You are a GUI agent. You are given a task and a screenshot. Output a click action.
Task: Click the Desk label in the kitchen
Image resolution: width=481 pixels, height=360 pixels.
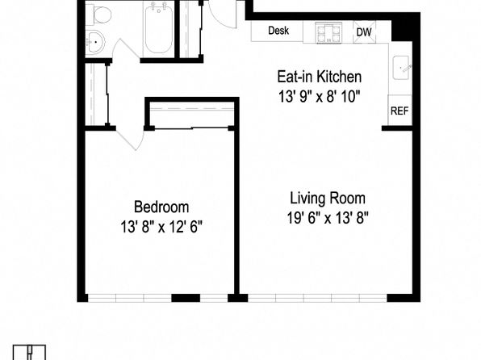[278, 31]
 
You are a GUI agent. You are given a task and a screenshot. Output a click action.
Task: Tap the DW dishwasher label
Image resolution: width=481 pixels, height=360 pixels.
[364, 32]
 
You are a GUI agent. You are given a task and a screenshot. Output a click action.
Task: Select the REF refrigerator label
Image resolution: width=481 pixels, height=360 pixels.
[399, 111]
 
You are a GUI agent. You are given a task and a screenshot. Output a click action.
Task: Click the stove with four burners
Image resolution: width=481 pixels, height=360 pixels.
[328, 32]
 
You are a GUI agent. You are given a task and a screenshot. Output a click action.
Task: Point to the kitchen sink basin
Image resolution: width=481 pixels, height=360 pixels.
[401, 68]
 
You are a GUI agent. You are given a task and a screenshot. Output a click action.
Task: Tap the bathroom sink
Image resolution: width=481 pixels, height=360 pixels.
[95, 42]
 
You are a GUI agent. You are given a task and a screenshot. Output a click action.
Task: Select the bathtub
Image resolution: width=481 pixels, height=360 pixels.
[159, 27]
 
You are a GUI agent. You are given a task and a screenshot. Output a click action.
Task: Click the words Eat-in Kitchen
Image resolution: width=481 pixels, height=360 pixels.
[320, 77]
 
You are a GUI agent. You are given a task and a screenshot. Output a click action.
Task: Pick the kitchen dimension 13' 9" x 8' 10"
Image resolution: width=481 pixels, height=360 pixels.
[319, 97]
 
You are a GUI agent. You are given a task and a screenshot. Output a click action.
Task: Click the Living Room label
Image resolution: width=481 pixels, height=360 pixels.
[328, 198]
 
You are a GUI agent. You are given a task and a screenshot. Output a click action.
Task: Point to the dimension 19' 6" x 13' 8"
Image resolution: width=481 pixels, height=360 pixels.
[328, 218]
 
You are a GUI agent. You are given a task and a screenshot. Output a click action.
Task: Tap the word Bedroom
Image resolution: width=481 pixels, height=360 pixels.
[161, 207]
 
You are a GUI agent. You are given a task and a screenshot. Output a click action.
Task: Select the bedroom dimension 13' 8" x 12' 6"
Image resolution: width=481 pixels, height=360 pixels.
[161, 227]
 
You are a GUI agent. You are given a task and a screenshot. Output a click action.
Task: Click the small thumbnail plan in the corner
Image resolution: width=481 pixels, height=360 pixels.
[29, 352]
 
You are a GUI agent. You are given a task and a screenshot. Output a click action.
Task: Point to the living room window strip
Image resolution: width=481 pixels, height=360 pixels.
[317, 298]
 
